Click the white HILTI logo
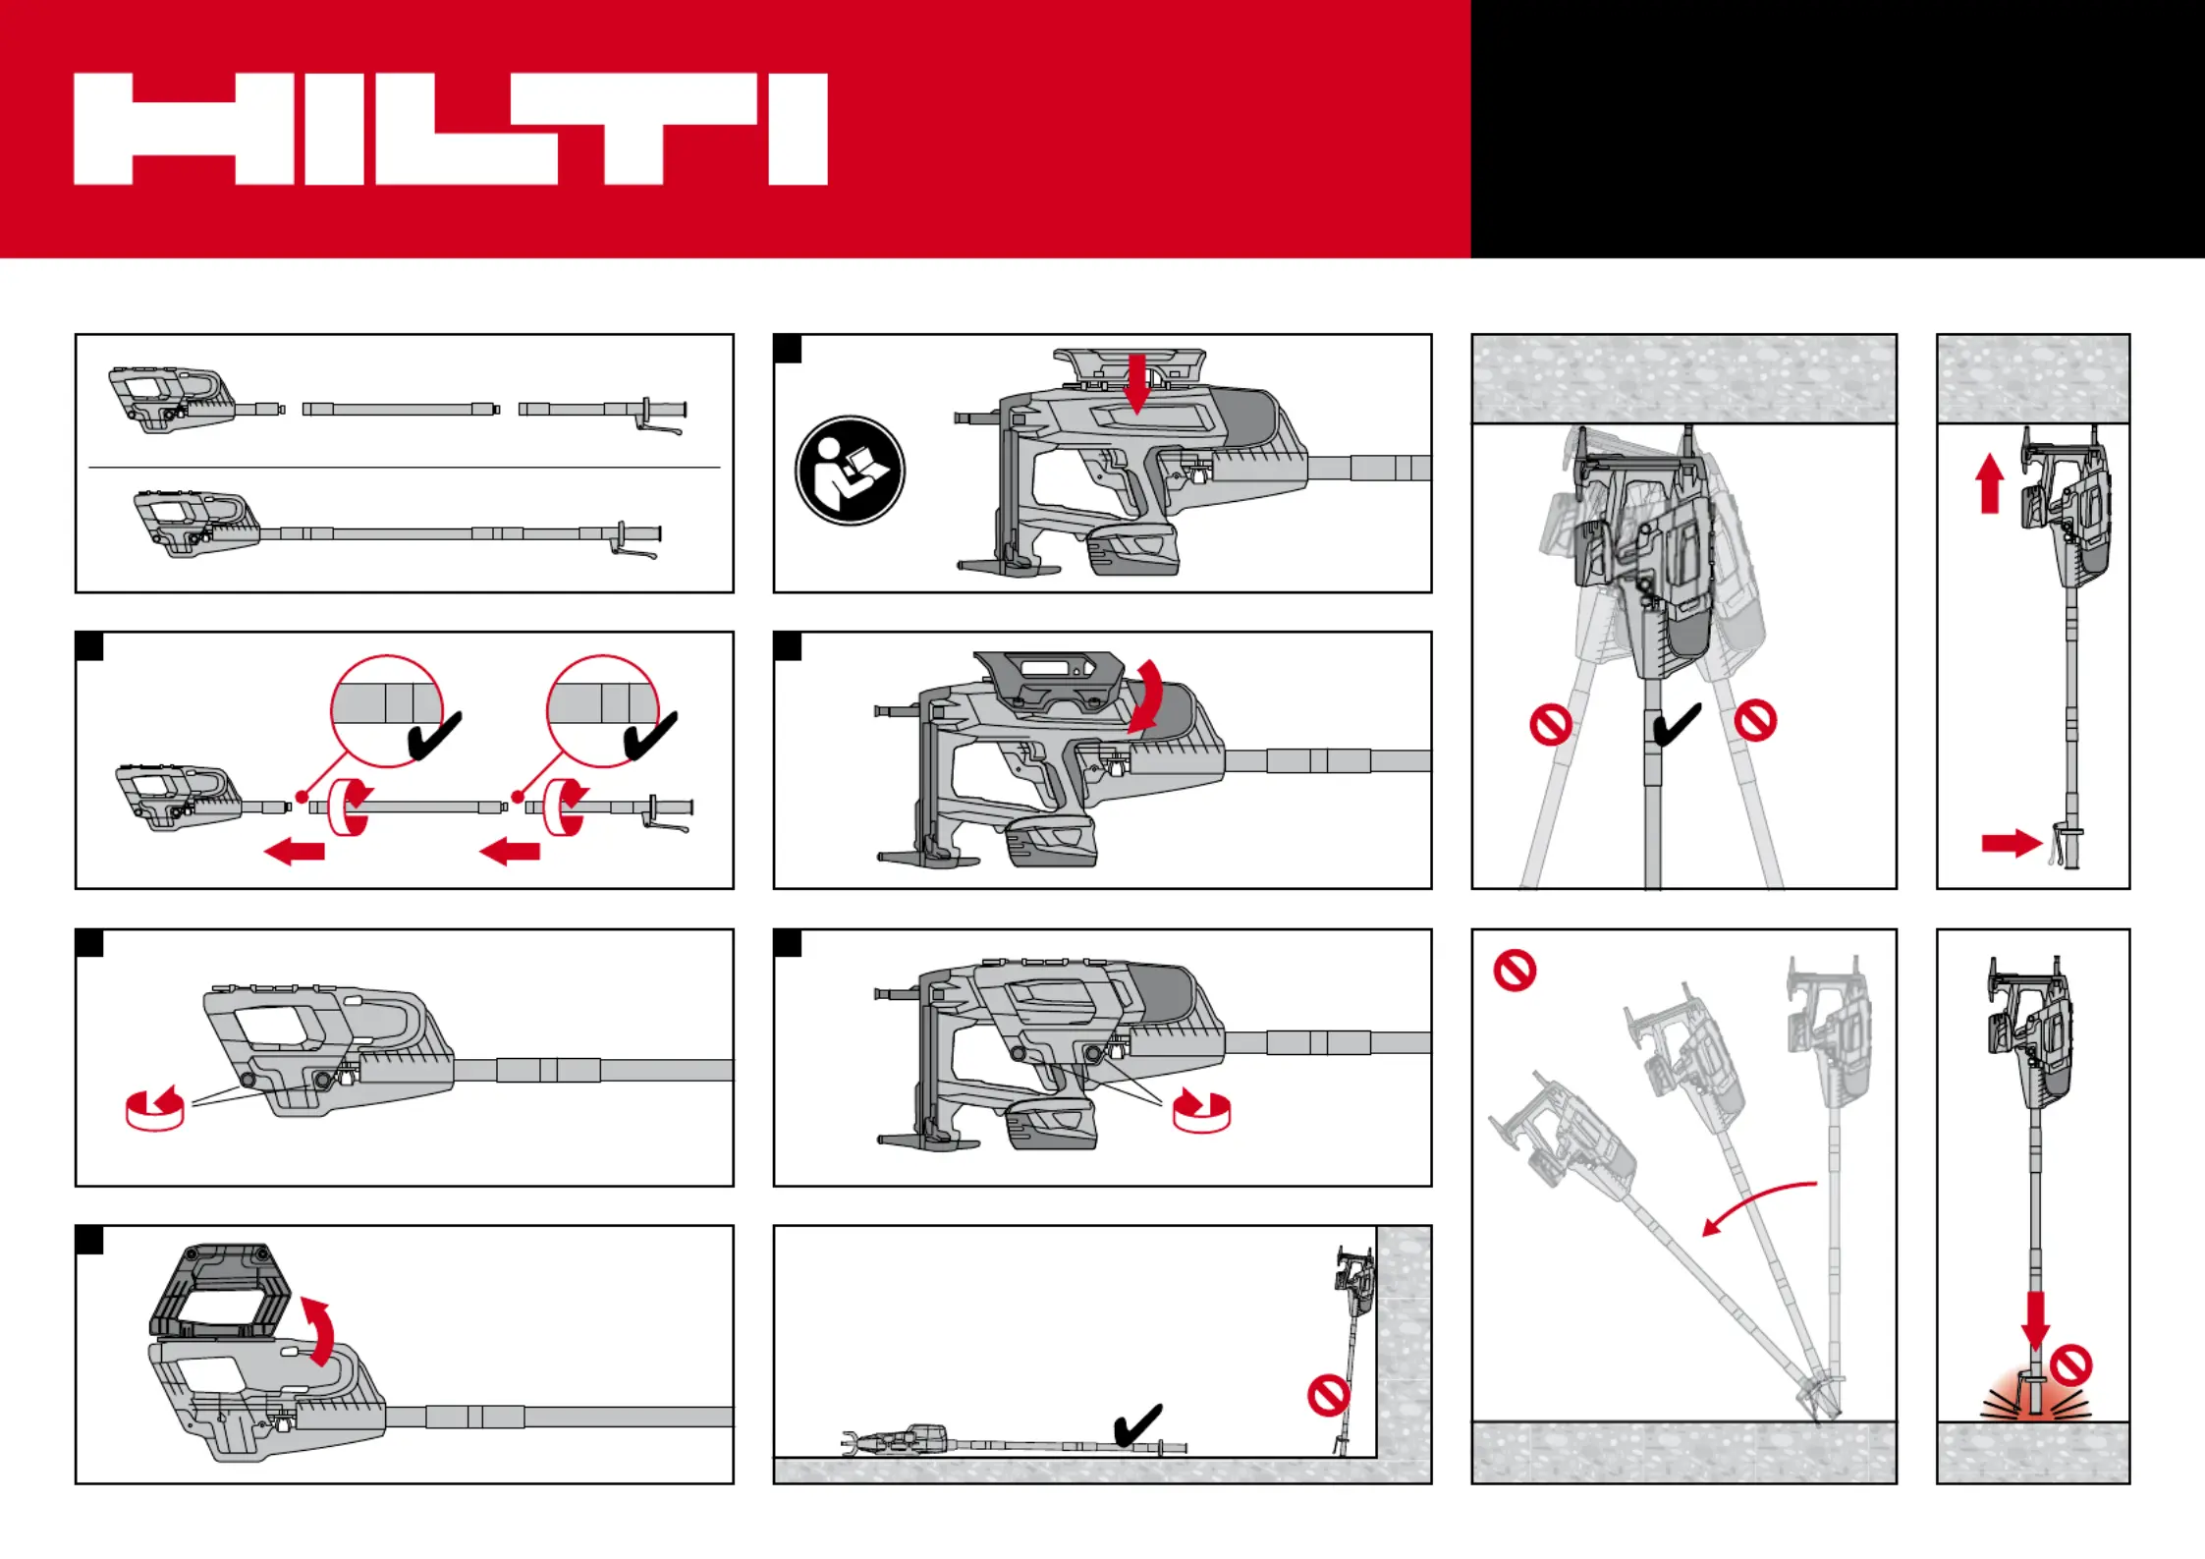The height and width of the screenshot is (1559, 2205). (x=450, y=129)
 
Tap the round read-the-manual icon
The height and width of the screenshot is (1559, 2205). (x=850, y=471)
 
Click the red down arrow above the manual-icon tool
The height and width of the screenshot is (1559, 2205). (x=1136, y=384)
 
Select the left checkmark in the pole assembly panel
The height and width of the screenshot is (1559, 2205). (x=433, y=736)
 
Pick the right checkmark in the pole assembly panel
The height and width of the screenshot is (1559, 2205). (x=650, y=736)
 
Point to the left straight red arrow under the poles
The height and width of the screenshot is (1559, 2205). (x=295, y=850)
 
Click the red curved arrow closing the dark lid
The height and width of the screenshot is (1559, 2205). (x=1146, y=696)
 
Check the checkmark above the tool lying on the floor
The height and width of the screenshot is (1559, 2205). (x=1138, y=1424)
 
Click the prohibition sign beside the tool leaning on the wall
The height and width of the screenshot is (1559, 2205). (x=1328, y=1395)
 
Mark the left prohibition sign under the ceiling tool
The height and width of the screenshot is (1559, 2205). (x=1551, y=725)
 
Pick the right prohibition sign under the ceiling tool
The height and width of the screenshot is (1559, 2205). (x=1755, y=720)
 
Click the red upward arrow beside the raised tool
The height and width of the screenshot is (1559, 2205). (x=1990, y=483)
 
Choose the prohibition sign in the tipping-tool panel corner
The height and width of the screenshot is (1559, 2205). (x=1515, y=971)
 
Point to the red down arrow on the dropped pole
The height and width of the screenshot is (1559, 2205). (x=2036, y=1319)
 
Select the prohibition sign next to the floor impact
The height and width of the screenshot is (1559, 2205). (x=2071, y=1365)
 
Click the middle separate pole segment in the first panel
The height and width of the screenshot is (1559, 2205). (x=400, y=409)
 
